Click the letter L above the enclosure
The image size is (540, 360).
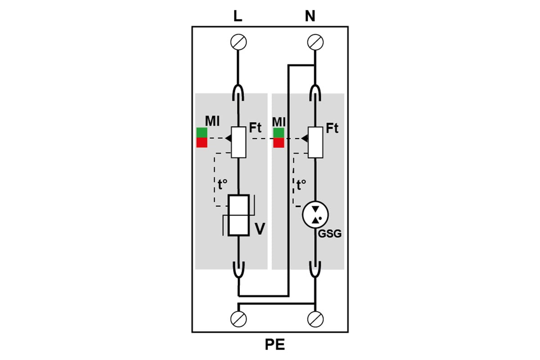[x=238, y=16]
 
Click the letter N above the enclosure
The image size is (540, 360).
[x=310, y=16]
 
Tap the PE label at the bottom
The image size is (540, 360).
[x=275, y=345]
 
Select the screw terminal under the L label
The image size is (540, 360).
[x=238, y=42]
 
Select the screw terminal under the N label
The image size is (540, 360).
[x=315, y=42]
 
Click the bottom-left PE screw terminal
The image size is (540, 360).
[x=238, y=319]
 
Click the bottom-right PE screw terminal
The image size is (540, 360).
[x=315, y=319]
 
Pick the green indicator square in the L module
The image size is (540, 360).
[x=202, y=133]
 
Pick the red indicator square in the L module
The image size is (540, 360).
[x=202, y=143]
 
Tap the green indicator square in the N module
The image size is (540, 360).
[x=279, y=133]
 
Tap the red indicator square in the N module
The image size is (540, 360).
[x=279, y=143]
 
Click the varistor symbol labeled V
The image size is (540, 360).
[x=238, y=215]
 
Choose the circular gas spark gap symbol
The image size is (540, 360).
[x=315, y=215]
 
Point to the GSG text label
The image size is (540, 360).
[x=330, y=234]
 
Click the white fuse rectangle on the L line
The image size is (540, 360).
[x=238, y=142]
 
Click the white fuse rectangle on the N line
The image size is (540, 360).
[x=315, y=142]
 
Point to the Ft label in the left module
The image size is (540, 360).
[x=255, y=127]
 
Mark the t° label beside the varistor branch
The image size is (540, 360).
[x=222, y=184]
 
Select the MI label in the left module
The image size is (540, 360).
[x=212, y=121]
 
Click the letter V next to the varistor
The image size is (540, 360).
[x=260, y=229]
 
